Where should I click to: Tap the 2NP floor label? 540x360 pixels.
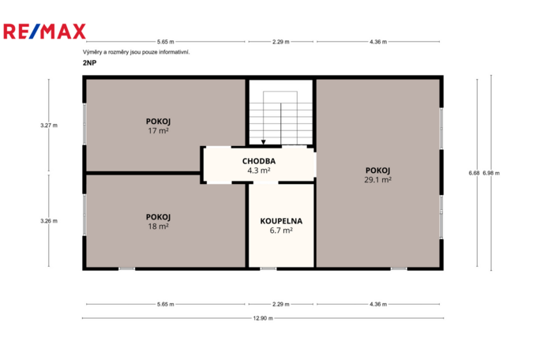click(88, 62)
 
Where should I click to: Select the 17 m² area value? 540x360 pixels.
click(159, 130)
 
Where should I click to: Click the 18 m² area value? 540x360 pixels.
click(159, 226)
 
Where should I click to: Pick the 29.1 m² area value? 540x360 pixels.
click(378, 179)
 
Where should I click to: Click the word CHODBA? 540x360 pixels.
click(258, 160)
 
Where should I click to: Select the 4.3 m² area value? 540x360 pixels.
click(258, 170)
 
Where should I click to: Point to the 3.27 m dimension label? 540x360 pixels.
click(49, 125)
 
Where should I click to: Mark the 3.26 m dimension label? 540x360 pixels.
click(49, 221)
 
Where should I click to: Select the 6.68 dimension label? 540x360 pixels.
click(473, 173)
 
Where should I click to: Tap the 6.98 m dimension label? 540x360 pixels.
click(491, 173)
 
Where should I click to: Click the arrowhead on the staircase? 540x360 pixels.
click(264, 143)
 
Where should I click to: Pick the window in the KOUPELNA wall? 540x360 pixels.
click(268, 268)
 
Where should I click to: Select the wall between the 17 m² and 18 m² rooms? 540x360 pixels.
click(142, 172)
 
